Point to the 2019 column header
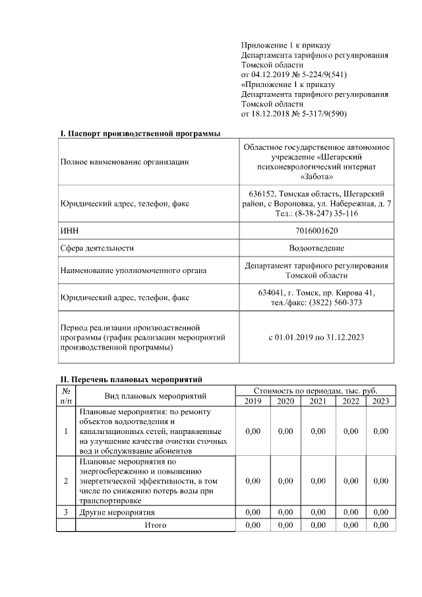253,400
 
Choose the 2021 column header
318,400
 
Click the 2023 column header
380,400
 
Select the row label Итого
156,525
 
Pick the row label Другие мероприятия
117,512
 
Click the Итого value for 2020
286,525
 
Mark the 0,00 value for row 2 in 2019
253,481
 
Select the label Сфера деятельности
97,248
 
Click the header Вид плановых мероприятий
156,396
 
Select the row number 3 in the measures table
66,512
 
